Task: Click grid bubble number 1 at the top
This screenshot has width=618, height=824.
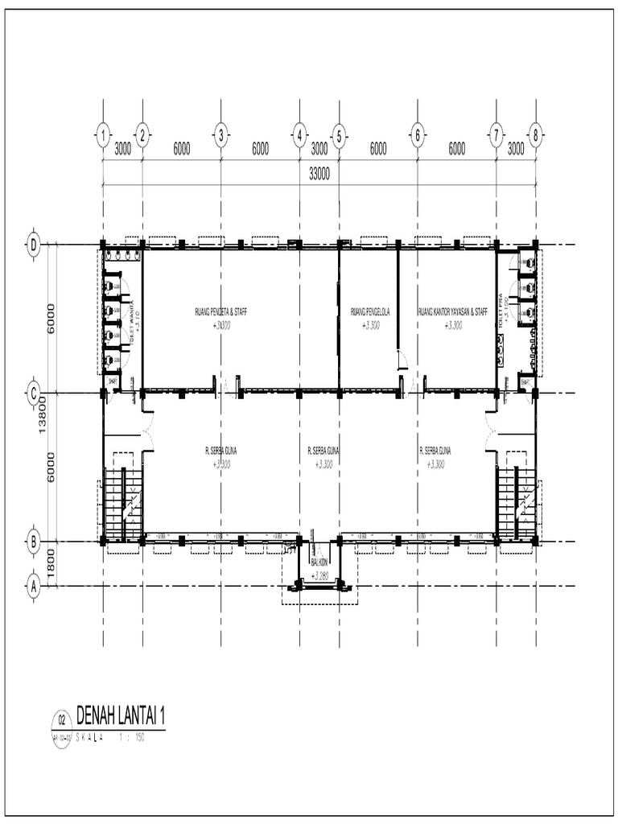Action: tap(102, 135)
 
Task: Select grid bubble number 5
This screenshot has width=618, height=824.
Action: tap(339, 135)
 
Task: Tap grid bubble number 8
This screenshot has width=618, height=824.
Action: tap(535, 135)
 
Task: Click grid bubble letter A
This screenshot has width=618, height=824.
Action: tap(34, 586)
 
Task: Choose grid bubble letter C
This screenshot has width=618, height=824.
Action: tap(34, 393)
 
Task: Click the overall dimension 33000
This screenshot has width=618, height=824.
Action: tap(319, 173)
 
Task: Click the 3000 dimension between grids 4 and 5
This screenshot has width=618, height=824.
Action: tap(319, 148)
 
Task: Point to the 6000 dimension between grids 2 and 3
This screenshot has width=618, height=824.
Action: tap(181, 148)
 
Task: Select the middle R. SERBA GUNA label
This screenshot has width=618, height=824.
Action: tap(323, 451)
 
